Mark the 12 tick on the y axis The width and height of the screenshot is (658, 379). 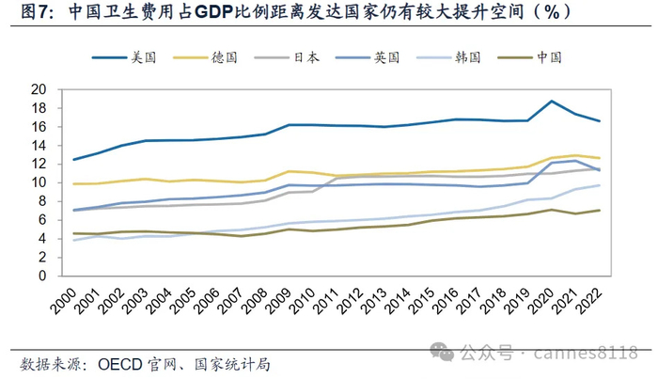coord(39,165)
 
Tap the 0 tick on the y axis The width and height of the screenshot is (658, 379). coord(42,276)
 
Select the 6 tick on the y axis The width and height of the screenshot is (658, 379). coord(42,220)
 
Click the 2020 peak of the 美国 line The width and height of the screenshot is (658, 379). coord(552,101)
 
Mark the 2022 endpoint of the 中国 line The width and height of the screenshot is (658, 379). coord(600,211)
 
